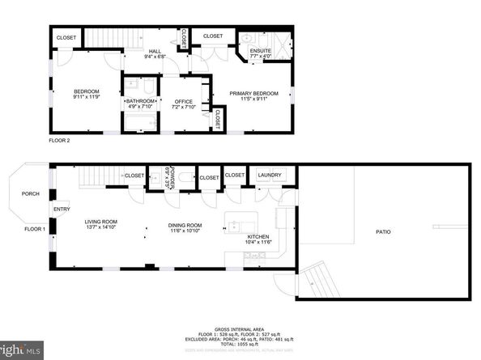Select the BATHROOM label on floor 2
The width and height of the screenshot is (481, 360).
click(140, 101)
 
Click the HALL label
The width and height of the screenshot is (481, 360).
click(154, 51)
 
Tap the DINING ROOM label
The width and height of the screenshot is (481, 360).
click(185, 225)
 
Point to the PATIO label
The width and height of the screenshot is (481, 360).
click(383, 232)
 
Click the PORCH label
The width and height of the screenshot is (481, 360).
click(31, 193)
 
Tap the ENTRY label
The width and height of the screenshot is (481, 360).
click(62, 210)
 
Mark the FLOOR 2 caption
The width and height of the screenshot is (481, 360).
click(60, 139)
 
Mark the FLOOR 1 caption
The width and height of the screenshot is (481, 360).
click(34, 229)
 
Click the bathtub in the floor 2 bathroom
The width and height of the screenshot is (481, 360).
click(139, 124)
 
